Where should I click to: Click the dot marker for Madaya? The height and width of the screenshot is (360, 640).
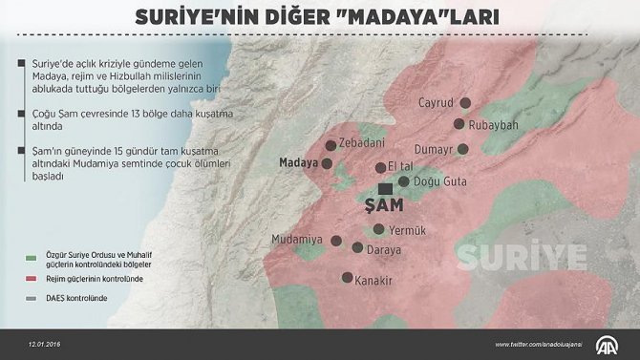click(x=327, y=163)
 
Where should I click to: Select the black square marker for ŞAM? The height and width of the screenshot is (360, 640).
click(x=384, y=189)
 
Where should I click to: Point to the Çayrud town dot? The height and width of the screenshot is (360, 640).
click(x=465, y=103)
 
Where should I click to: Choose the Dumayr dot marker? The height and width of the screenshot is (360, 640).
click(x=463, y=149)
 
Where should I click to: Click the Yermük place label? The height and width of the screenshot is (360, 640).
click(x=409, y=229)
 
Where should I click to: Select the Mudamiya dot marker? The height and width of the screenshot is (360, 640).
click(x=335, y=240)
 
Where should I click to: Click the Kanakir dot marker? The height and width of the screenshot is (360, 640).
click(x=347, y=279)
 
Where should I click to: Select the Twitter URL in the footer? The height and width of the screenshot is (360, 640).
click(x=540, y=344)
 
